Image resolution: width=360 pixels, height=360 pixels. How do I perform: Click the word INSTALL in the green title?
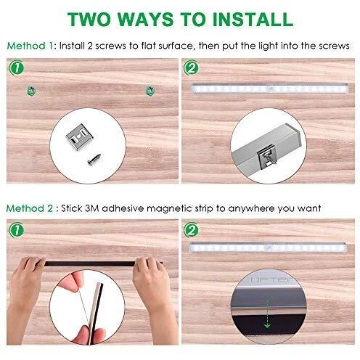pyautogui.click(x=253, y=19)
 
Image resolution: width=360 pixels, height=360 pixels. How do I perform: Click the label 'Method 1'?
pyautogui.click(x=30, y=46)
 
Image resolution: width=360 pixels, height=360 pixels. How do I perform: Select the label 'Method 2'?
pyautogui.click(x=30, y=208)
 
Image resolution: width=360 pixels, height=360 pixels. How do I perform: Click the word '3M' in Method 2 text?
pyautogui.click(x=92, y=208)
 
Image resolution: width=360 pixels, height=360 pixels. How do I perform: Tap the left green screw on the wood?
pyautogui.click(x=31, y=91)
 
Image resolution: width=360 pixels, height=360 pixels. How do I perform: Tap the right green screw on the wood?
pyautogui.click(x=150, y=91)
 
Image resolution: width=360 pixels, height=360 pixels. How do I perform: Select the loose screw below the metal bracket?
pyautogui.click(x=95, y=159)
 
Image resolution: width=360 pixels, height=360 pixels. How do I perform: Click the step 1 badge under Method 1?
pyautogui.click(x=17, y=68)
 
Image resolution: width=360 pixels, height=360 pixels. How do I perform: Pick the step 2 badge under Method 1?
pyautogui.click(x=191, y=68)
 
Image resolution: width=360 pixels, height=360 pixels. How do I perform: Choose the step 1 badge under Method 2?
pyautogui.click(x=17, y=230)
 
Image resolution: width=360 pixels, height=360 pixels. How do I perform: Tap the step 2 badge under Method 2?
pyautogui.click(x=191, y=230)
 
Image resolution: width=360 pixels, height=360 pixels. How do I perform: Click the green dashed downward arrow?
pyautogui.click(x=267, y=314)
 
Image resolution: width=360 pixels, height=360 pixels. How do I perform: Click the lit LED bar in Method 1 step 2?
pyautogui.click(x=270, y=89)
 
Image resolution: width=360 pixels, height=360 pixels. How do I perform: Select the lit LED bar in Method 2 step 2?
pyautogui.click(x=268, y=247)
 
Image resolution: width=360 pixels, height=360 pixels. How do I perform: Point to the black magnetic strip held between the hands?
pyautogui.click(x=90, y=263)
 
